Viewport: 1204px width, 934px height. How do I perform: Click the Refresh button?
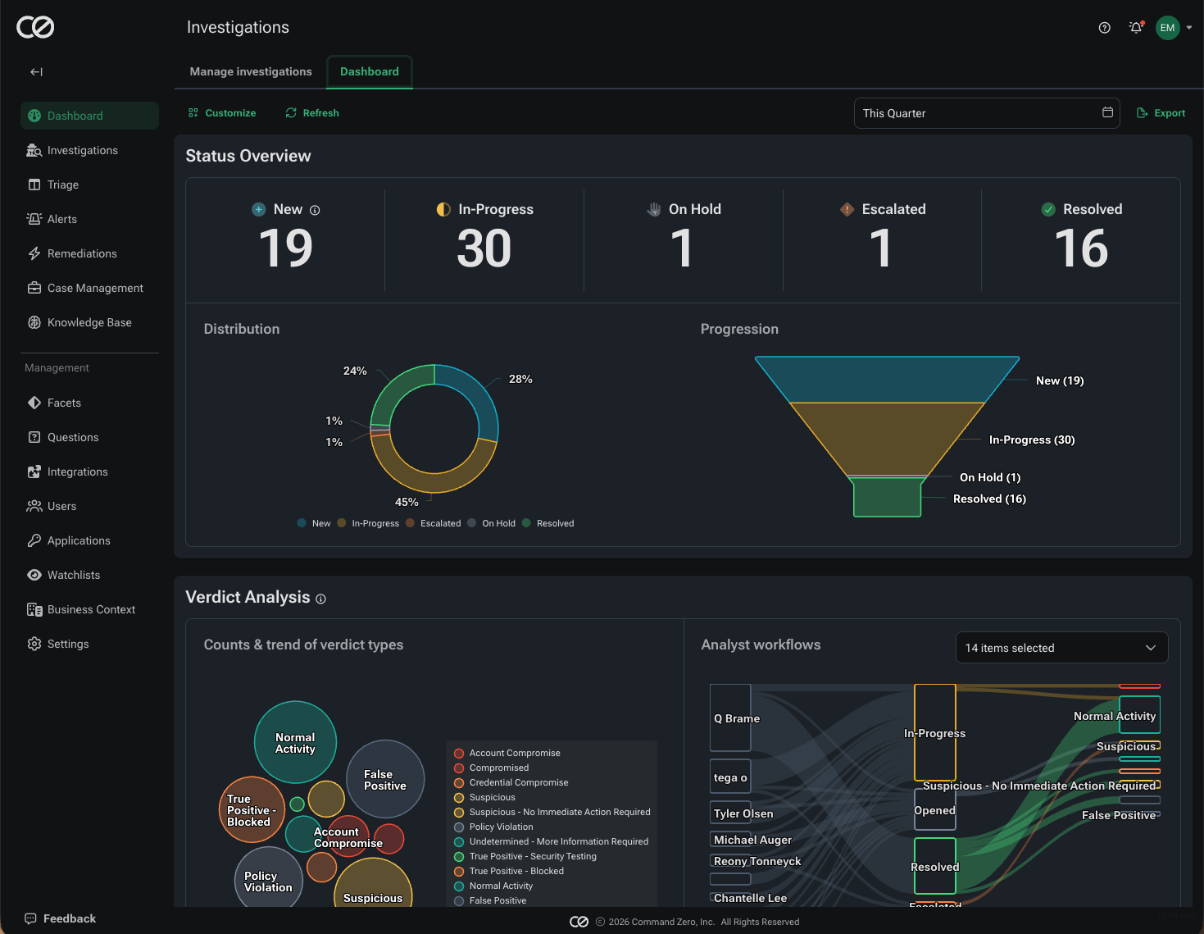coord(312,113)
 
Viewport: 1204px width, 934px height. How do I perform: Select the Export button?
coord(1161,113)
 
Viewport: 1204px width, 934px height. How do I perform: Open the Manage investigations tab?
coord(251,71)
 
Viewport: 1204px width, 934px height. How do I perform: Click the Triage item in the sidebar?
coord(62,185)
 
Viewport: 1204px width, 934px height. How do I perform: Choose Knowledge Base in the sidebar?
coord(89,322)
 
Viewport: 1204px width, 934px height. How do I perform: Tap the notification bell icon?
coord(1135,28)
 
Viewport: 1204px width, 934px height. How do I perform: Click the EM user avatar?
coord(1167,28)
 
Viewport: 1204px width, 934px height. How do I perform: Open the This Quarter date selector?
coord(986,113)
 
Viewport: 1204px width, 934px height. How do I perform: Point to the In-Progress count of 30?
coord(484,248)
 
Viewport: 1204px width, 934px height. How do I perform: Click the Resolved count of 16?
coord(1080,248)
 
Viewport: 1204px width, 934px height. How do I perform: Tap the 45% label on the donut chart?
coord(407,502)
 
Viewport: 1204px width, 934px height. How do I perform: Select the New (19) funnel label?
coord(1060,380)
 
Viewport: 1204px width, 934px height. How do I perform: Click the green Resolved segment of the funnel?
coord(887,497)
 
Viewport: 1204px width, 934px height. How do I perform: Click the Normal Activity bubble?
coord(295,742)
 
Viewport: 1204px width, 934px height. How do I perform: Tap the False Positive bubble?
coord(385,779)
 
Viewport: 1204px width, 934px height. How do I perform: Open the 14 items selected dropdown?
coord(1061,648)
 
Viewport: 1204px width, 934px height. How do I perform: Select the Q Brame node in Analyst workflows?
coord(730,718)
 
